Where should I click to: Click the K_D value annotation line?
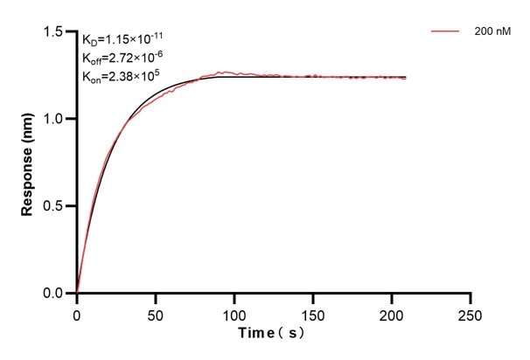point(122,39)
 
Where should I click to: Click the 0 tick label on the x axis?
point(77,312)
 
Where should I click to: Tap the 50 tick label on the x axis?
point(156,312)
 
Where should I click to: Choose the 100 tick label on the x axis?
point(234,312)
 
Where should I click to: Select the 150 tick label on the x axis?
point(313,312)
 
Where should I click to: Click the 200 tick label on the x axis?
point(392,312)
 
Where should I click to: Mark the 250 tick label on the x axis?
point(471,312)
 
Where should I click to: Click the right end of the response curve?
point(406,78)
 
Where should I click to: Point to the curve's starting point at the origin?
point(77,294)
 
